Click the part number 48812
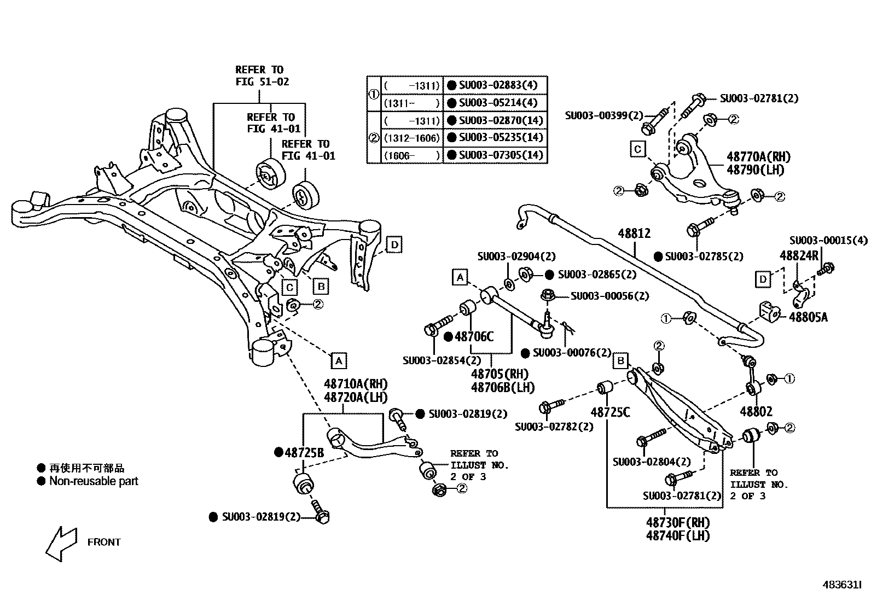[x=634, y=234]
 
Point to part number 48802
[x=756, y=411]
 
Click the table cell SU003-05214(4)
[x=498, y=103]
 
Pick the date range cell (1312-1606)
[x=411, y=138]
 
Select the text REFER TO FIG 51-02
[x=262, y=75]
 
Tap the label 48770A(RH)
[x=758, y=157]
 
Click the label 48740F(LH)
[x=678, y=535]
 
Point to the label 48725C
[x=610, y=412]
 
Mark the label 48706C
[x=474, y=337]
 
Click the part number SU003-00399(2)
[x=604, y=115]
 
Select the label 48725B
[x=304, y=452]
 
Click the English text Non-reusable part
[x=94, y=481]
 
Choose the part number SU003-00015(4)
[x=828, y=241]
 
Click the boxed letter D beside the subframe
[x=394, y=244]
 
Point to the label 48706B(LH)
[x=502, y=387]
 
